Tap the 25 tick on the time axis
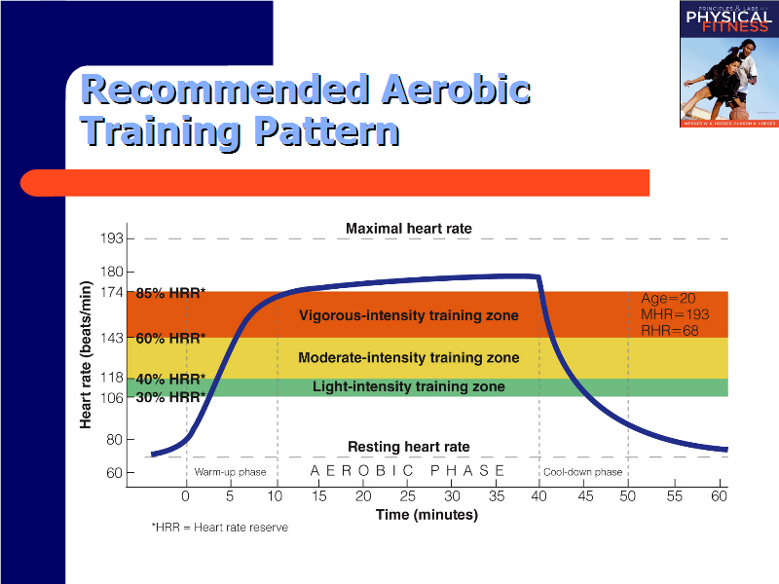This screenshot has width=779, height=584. pos(407,496)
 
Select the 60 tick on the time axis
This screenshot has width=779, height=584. pos(719,496)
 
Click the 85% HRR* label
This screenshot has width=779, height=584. pos(170,293)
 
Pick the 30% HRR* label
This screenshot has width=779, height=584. pos(170,397)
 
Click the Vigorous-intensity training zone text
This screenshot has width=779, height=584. pos(408,315)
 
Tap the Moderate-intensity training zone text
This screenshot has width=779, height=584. pos(408,358)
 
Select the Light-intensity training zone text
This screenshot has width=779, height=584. pos(408,387)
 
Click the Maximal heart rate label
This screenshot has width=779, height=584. pos(408,229)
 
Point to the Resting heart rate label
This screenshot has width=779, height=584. pos(408,447)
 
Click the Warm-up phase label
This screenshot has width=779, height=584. pos(230,472)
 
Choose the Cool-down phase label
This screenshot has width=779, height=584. pos(582,472)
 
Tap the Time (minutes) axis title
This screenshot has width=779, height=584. pos(427,515)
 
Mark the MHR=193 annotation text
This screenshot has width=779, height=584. pos(675,314)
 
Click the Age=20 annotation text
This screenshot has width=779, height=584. pos(668,299)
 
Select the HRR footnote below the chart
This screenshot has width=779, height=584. pos(219,527)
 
